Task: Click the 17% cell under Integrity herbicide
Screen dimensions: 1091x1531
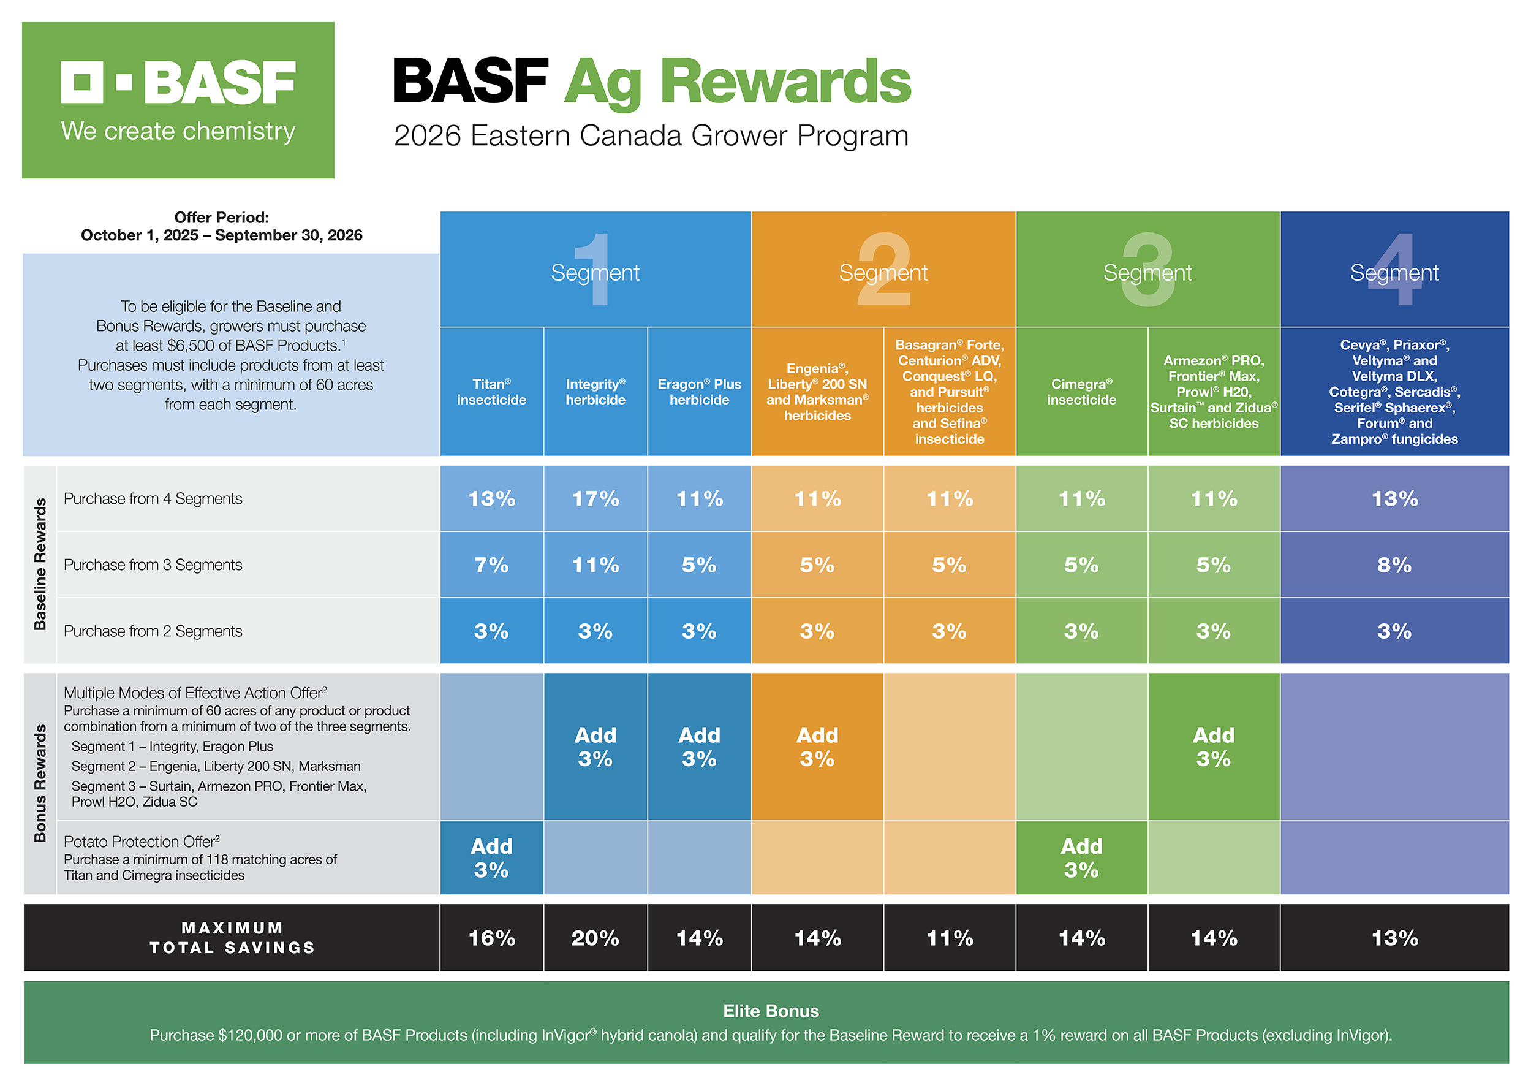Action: tap(595, 498)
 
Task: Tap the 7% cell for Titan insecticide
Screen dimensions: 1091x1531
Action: tap(491, 565)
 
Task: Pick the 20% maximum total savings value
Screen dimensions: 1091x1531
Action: tap(595, 938)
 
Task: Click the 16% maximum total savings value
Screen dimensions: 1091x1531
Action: tap(491, 938)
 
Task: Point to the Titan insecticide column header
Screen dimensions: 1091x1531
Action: tap(491, 392)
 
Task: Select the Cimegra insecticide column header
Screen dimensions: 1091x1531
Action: tap(1081, 392)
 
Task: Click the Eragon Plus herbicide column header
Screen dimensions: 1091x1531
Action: tap(699, 392)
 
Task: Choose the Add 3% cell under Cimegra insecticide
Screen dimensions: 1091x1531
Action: tap(1081, 858)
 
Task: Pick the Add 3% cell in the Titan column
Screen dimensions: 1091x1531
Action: tap(491, 858)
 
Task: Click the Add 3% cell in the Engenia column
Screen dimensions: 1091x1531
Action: tap(817, 747)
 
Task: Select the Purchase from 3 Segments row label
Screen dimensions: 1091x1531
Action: tap(153, 565)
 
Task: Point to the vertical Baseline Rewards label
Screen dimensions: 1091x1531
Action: tap(40, 565)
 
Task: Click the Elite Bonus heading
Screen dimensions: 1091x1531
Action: tap(770, 1011)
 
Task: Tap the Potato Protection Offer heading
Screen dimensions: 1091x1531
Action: tap(141, 842)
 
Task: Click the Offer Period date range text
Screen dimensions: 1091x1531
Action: tap(222, 235)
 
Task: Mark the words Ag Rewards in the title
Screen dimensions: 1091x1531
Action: tap(736, 82)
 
